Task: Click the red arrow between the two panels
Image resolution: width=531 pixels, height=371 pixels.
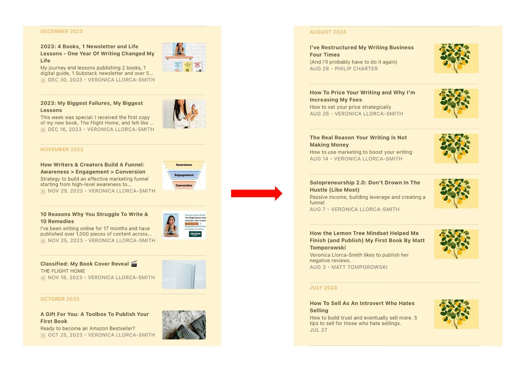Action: tap(257, 193)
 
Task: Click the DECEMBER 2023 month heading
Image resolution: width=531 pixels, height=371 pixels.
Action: tap(61, 31)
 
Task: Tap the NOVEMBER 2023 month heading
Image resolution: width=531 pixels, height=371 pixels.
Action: tap(61, 149)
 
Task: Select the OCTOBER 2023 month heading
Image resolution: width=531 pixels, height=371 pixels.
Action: tap(60, 299)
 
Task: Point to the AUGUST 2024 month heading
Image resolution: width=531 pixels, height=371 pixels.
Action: tap(328, 32)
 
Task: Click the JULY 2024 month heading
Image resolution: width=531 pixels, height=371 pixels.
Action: tap(323, 288)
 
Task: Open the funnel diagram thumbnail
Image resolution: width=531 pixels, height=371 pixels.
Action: tap(184, 175)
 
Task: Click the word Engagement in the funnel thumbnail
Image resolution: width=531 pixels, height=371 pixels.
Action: tap(184, 175)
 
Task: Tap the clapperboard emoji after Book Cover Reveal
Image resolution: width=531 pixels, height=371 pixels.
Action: tap(134, 264)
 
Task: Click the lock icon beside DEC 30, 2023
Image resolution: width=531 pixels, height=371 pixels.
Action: tap(43, 80)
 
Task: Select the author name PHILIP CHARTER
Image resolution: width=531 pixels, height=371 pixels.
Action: tap(356, 69)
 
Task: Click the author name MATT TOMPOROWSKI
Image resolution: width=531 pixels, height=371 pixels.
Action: tap(359, 267)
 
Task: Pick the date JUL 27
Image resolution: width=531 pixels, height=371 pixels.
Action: tap(318, 330)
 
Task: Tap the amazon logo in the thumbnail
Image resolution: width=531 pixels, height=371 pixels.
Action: tap(196, 234)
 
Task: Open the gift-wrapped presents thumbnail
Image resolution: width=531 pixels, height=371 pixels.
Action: tap(184, 325)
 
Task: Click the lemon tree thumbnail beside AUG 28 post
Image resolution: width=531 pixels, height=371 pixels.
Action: tap(456, 59)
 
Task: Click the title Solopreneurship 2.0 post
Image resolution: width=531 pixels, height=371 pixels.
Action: tap(365, 186)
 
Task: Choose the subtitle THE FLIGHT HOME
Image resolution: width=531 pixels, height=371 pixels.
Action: tap(63, 271)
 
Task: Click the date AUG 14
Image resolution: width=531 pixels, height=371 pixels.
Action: tap(319, 159)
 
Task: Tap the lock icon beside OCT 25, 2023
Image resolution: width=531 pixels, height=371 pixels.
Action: tap(43, 335)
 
